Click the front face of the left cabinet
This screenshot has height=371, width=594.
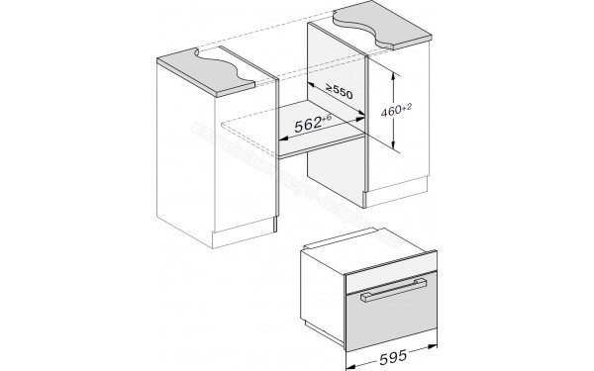[x=213, y=168]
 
